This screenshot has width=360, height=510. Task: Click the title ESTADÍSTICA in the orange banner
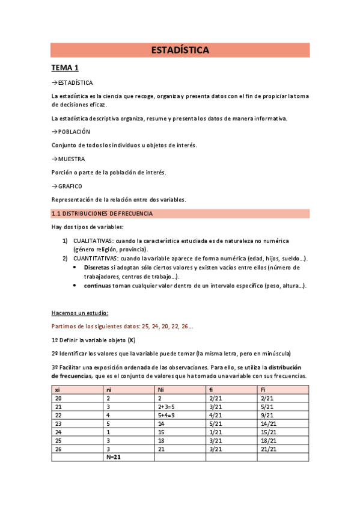click(180, 51)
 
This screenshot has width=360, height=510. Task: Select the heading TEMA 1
click(65, 67)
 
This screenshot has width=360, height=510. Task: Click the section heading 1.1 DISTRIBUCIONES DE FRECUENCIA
click(102, 214)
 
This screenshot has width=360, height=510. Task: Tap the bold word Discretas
click(97, 267)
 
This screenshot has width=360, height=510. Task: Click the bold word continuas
click(97, 286)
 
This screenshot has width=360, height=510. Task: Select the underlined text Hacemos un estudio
click(80, 313)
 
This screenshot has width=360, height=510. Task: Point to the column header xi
click(57, 389)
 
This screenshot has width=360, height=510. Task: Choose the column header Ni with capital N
click(161, 389)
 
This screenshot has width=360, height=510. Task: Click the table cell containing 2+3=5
click(167, 406)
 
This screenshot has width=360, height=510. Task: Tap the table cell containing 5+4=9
click(167, 414)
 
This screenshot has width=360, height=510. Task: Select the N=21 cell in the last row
click(114, 457)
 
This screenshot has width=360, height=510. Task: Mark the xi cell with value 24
click(58, 431)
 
